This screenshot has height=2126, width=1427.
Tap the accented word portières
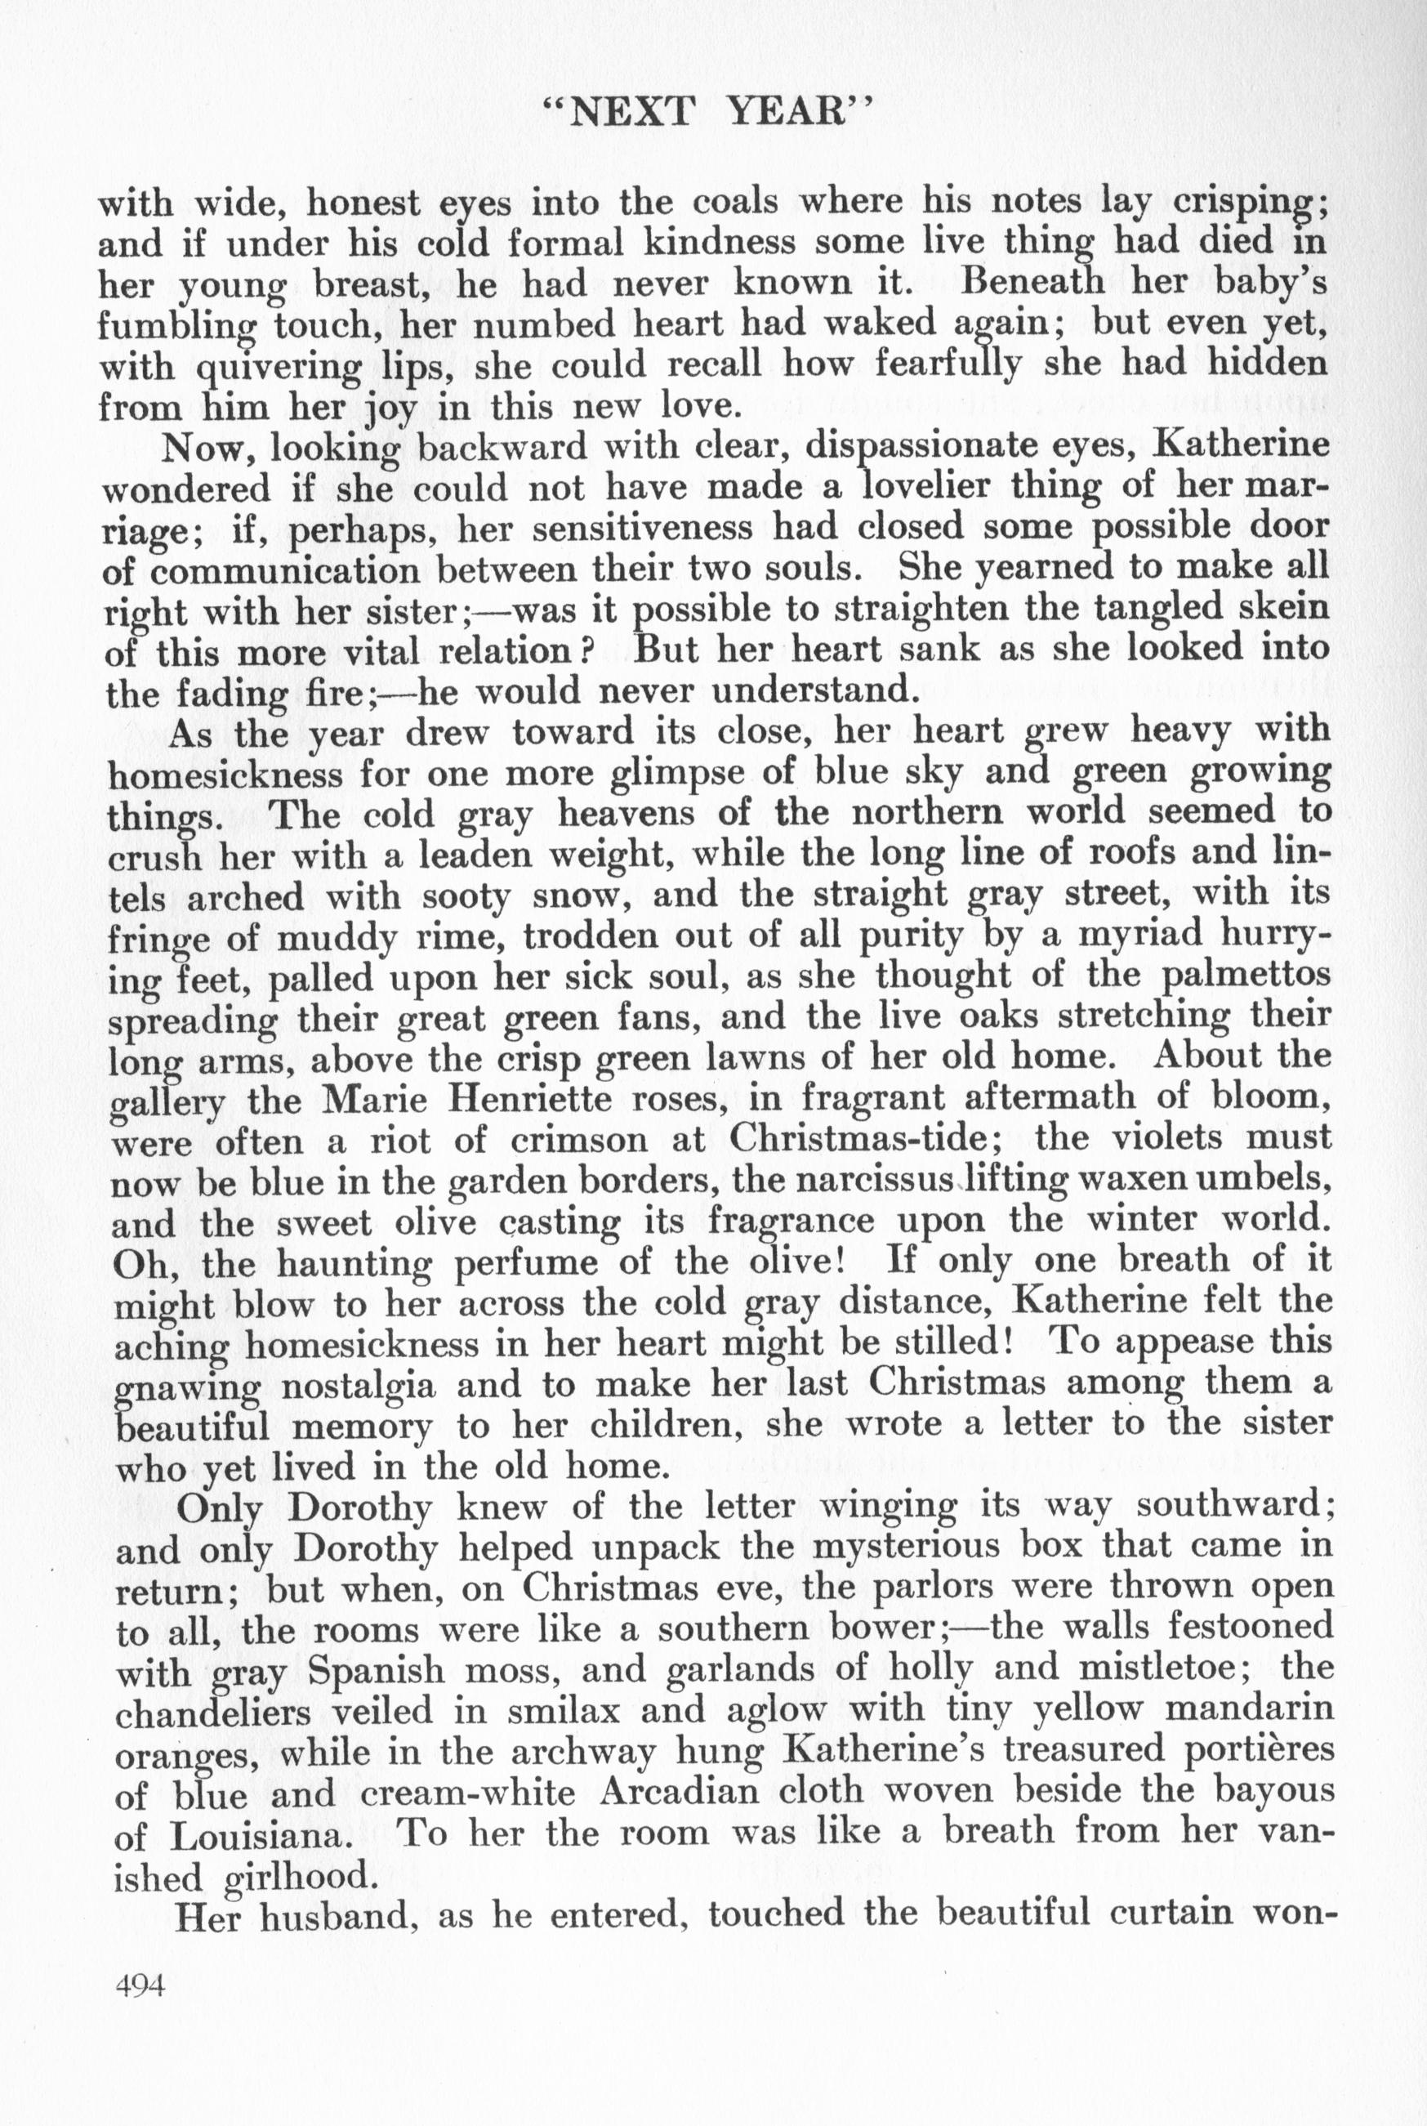(x=1246, y=1753)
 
